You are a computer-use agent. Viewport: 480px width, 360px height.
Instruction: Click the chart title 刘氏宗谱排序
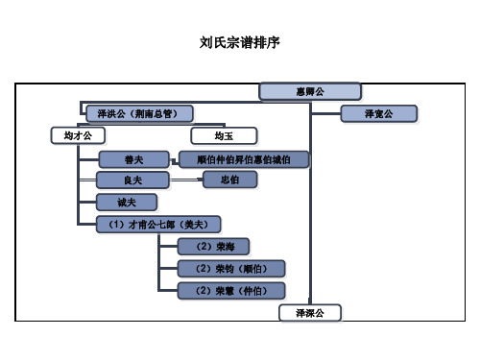pos(240,43)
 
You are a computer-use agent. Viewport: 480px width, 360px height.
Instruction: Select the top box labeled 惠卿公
pos(309,91)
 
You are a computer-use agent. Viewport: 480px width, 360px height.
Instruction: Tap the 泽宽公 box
pos(379,113)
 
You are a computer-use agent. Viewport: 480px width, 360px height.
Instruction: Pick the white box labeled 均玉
pos(223,136)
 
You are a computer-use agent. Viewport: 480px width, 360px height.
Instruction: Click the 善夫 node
pos(133,158)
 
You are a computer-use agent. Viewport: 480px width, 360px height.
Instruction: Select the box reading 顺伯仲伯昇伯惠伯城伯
pos(243,158)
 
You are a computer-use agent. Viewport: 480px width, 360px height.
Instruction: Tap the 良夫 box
pos(133,180)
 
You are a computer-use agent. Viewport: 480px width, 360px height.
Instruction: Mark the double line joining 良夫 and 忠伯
pos(187,180)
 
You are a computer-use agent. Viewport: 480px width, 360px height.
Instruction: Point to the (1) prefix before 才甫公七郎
pos(106,225)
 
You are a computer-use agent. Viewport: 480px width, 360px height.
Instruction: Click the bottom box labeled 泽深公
pos(309,313)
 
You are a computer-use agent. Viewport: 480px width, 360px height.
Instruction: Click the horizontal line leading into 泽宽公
pos(326,113)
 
